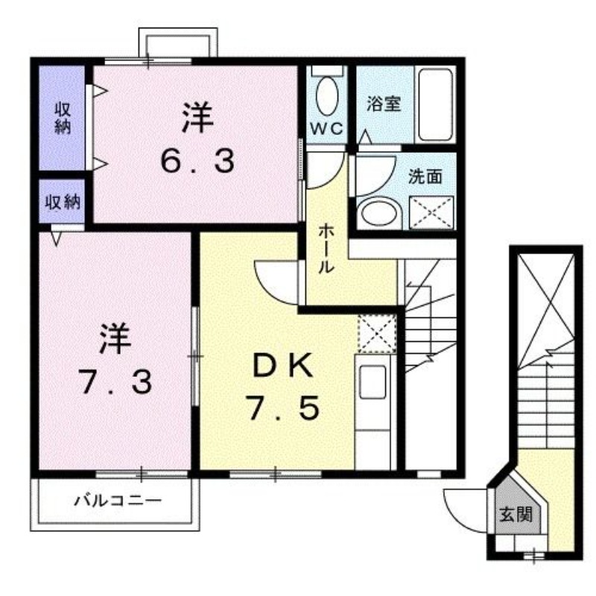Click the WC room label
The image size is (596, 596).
tap(326, 127)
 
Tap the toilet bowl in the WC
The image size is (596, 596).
tap(326, 96)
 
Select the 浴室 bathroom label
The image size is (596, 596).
tap(383, 104)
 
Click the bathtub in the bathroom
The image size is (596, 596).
tap(435, 104)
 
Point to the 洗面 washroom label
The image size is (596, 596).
tap(425, 177)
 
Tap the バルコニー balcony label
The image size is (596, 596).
tap(117, 500)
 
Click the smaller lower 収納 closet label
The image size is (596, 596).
tap(63, 201)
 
